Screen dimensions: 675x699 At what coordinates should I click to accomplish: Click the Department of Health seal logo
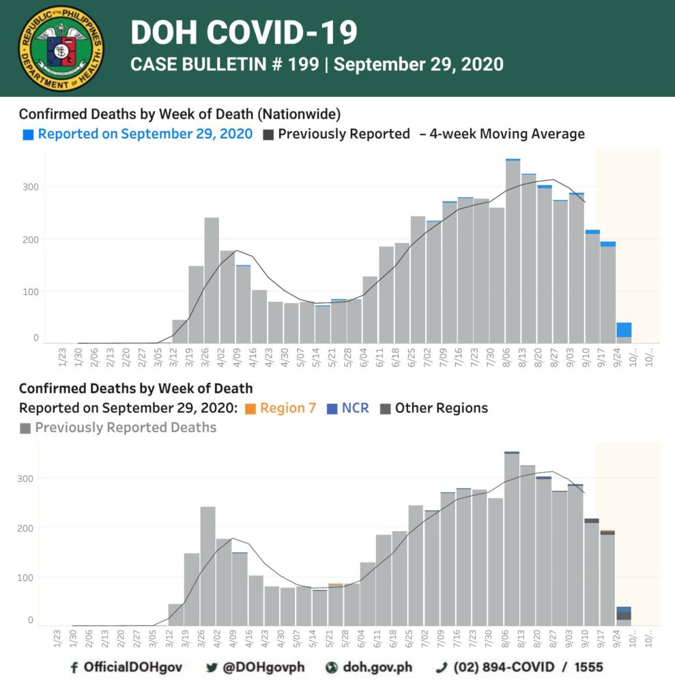[61, 48]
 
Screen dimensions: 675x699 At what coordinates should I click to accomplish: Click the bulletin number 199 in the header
[303, 64]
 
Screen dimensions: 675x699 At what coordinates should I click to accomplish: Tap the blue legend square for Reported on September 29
[28, 134]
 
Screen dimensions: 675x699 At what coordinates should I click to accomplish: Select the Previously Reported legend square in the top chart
[268, 134]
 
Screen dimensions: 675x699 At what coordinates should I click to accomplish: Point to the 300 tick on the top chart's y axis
[31, 187]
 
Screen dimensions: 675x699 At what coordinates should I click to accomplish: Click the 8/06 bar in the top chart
[513, 251]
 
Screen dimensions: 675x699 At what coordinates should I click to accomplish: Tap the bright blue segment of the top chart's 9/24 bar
[624, 330]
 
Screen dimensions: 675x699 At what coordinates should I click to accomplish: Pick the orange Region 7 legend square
[250, 409]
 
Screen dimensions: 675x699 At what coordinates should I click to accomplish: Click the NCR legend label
[356, 408]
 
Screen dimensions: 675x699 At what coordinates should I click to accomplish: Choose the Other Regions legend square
[385, 409]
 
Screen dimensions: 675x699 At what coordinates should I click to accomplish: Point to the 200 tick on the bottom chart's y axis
[25, 528]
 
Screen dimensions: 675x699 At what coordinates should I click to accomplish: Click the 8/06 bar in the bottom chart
[512, 539]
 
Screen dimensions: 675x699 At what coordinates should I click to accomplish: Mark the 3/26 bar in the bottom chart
[207, 566]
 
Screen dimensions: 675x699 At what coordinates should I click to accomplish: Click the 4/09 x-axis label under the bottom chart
[232, 639]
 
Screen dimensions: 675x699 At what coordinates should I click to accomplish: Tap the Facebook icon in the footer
[74, 668]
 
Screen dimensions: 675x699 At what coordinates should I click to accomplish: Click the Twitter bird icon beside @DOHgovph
[212, 668]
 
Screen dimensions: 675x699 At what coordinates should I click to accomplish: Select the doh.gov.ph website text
[377, 668]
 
